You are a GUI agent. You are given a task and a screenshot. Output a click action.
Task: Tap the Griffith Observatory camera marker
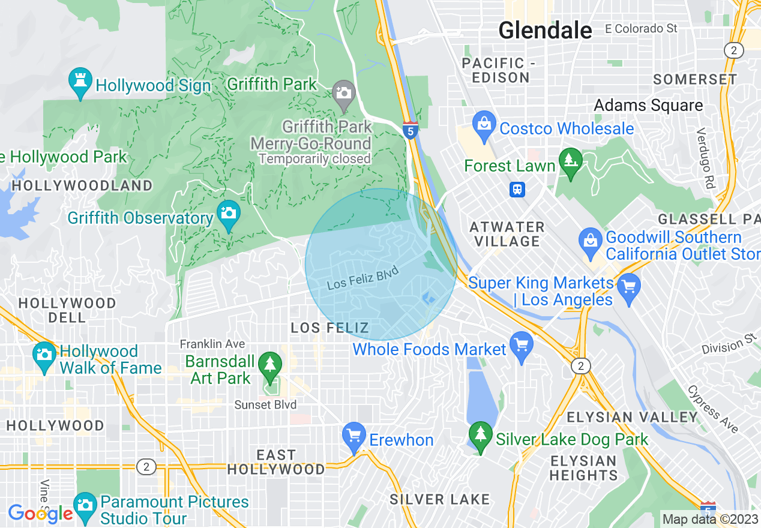click(x=228, y=214)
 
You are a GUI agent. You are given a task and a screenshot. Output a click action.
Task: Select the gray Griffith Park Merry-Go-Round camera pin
click(x=344, y=94)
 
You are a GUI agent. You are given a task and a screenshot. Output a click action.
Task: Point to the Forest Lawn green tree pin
click(x=570, y=162)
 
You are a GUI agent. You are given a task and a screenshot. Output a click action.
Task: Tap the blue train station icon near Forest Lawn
click(x=517, y=190)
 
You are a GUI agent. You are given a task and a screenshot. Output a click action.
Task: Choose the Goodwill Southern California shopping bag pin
click(x=590, y=241)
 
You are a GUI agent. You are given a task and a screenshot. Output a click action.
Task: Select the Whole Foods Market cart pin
click(x=521, y=346)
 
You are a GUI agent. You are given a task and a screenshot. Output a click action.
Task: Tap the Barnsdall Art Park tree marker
click(x=270, y=365)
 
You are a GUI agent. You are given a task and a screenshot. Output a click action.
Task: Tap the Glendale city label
click(x=545, y=30)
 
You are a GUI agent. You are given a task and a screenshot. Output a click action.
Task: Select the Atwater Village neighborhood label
click(x=507, y=234)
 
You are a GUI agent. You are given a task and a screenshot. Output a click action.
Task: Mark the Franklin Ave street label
click(x=212, y=344)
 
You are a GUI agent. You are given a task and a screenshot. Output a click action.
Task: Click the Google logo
click(x=40, y=514)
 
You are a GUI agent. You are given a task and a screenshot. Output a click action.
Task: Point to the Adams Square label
click(x=648, y=106)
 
